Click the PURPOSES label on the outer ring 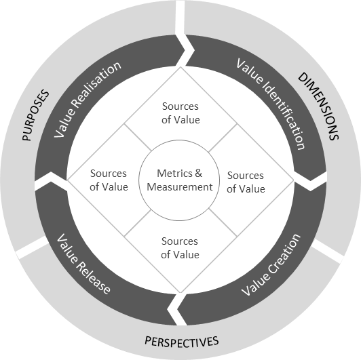pyautogui.click(x=36, y=115)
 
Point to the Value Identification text pyautogui.click(x=270, y=104)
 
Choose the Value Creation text pyautogui.click(x=271, y=265)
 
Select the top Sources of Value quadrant pyautogui.click(x=180, y=113)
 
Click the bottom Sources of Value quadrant pyautogui.click(x=180, y=248)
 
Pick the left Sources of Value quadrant pyautogui.click(x=109, y=180)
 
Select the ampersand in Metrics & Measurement pyautogui.click(x=197, y=174)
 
